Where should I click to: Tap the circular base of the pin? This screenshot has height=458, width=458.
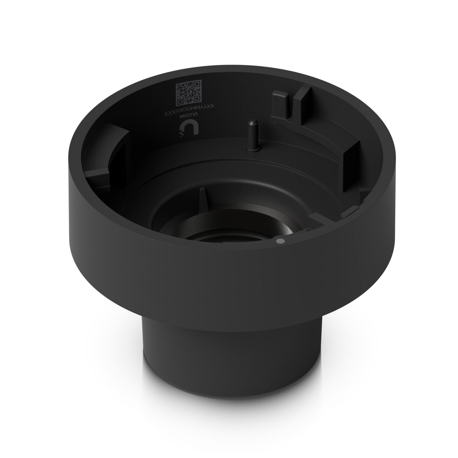[250, 149]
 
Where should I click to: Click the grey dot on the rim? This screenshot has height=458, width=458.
[279, 241]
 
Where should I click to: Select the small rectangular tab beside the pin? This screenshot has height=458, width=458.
[280, 105]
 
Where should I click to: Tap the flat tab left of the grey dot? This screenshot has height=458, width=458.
[317, 219]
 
